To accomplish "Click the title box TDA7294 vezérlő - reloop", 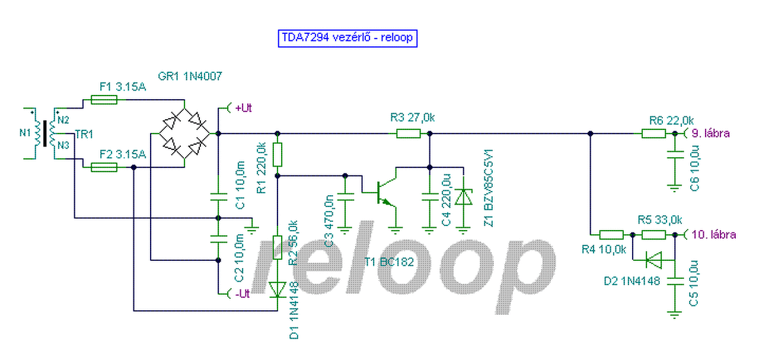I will [347, 38].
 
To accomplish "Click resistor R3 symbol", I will [409, 133].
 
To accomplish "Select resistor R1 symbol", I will [277, 155].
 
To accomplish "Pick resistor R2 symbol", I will [277, 247].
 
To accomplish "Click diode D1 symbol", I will [277, 289].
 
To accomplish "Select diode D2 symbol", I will [653, 259].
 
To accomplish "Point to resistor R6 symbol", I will [654, 133].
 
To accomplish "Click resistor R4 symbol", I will [611, 235].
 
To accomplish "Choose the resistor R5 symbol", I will [654, 235].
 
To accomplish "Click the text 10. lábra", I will [714, 235].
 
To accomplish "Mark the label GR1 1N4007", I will [190, 77].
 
